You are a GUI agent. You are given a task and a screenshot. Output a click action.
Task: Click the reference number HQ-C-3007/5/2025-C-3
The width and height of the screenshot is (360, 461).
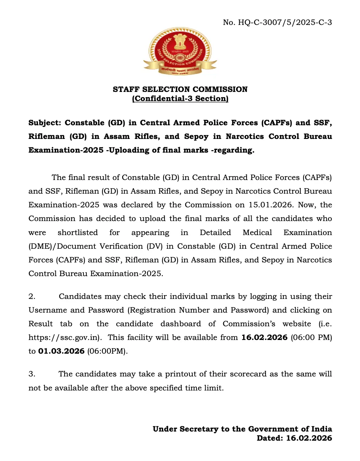click(285, 22)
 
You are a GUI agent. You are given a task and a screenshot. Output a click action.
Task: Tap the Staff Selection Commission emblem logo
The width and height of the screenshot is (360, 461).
click(180, 51)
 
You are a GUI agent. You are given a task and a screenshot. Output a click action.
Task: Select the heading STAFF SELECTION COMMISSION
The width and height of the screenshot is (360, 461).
click(180, 89)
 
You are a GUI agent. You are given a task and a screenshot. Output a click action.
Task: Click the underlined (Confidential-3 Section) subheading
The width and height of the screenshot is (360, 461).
click(180, 99)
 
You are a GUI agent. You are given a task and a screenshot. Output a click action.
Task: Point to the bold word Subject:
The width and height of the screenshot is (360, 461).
click(45, 123)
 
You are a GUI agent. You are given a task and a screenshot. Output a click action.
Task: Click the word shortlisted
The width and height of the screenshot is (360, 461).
click(78, 233)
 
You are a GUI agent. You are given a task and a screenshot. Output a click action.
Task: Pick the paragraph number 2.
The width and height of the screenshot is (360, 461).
click(32, 296)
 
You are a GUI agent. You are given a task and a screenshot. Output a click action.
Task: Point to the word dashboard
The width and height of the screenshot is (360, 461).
click(181, 324)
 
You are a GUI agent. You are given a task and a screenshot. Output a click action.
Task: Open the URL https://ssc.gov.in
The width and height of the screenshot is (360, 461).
click(64, 338)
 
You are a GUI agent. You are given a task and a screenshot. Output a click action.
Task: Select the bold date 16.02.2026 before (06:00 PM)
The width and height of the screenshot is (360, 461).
click(264, 338)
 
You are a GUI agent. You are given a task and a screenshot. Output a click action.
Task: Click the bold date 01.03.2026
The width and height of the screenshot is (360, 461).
click(61, 351)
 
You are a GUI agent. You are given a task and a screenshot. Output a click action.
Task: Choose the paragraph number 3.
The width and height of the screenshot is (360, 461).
click(32, 374)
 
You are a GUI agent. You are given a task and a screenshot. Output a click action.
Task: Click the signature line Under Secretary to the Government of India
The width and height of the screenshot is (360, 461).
click(242, 429)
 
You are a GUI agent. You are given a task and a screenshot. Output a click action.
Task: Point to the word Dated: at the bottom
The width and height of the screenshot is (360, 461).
click(269, 438)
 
